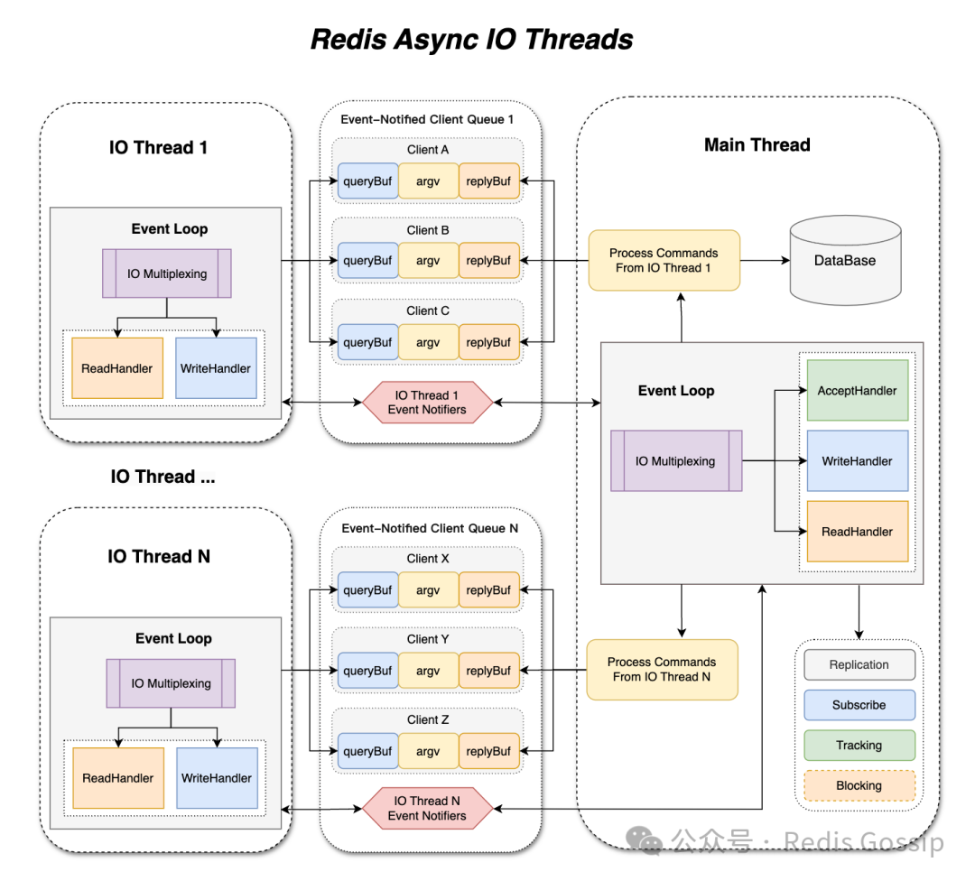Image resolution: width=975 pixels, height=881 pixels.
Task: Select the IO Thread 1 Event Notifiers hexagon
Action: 428,403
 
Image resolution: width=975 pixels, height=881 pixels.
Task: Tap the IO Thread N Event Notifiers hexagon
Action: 428,808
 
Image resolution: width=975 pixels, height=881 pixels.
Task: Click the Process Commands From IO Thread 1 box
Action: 664,261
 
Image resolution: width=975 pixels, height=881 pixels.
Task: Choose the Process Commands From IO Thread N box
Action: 662,670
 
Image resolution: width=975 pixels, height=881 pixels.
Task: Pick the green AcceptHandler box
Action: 857,391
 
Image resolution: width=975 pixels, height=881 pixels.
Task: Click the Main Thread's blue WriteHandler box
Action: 857,461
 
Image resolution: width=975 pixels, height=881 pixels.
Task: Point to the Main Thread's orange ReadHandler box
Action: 857,532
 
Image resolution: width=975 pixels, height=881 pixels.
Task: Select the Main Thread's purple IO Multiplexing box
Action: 675,461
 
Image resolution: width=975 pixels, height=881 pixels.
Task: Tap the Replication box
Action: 859,665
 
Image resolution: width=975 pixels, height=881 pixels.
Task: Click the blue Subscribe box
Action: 859,705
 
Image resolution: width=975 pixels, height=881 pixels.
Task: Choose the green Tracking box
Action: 859,746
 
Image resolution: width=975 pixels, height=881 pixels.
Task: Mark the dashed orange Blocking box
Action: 859,785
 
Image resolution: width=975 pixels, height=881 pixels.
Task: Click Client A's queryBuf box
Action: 367,181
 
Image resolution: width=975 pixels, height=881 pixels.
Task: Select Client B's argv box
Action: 428,261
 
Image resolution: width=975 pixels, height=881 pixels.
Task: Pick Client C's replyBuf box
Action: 489,342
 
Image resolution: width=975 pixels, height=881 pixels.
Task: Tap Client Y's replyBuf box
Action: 489,671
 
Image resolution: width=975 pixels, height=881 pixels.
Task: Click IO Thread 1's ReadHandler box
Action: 117,368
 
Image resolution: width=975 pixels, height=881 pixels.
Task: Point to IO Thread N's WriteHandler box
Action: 217,778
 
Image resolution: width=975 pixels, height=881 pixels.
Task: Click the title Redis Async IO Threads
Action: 471,40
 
